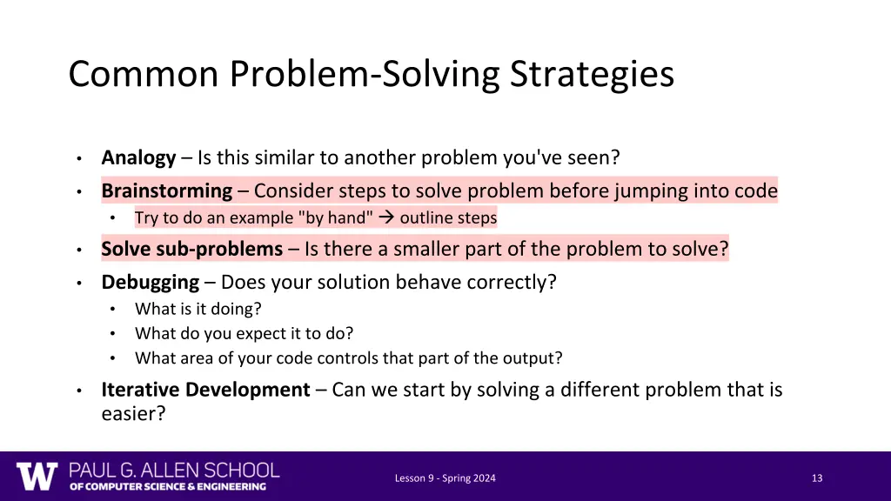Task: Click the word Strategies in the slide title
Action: [592, 75]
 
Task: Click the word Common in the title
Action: [144, 75]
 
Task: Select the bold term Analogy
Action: [138, 157]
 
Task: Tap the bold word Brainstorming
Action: [166, 190]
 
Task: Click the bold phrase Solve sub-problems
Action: [191, 250]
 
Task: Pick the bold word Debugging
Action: [150, 283]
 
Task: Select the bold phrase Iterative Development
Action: [205, 390]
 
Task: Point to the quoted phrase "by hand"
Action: [340, 218]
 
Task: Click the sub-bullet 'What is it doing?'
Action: [198, 309]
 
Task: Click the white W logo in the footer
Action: [37, 477]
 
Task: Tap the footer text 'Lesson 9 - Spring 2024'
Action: [445, 478]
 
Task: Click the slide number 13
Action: [816, 478]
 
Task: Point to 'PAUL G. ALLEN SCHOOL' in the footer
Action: [174, 471]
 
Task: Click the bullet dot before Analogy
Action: [78, 158]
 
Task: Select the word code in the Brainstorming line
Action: [756, 190]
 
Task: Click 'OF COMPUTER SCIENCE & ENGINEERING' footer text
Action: [168, 487]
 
